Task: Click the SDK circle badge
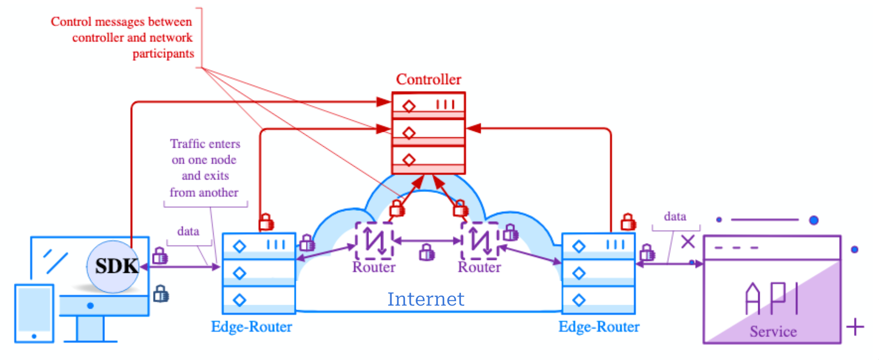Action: pyautogui.click(x=114, y=266)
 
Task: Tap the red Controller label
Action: pyautogui.click(x=428, y=79)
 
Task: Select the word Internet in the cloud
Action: pyautogui.click(x=426, y=299)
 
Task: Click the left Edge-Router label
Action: pyautogui.click(x=251, y=327)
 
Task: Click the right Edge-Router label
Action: pyautogui.click(x=599, y=327)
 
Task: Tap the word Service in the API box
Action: pyautogui.click(x=773, y=332)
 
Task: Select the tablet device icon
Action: pyautogui.click(x=34, y=313)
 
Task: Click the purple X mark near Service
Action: pyautogui.click(x=688, y=242)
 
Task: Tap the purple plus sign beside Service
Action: pyautogui.click(x=855, y=327)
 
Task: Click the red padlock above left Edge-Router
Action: pyautogui.click(x=266, y=222)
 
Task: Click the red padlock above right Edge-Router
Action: pyautogui.click(x=628, y=222)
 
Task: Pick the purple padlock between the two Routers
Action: pyautogui.click(x=426, y=252)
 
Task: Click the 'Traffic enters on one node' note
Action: pyautogui.click(x=204, y=168)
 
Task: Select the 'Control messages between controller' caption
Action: pyautogui.click(x=122, y=38)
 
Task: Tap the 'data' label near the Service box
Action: pyautogui.click(x=675, y=217)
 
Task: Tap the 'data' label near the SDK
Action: pyautogui.click(x=188, y=231)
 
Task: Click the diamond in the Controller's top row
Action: pyautogui.click(x=409, y=106)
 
